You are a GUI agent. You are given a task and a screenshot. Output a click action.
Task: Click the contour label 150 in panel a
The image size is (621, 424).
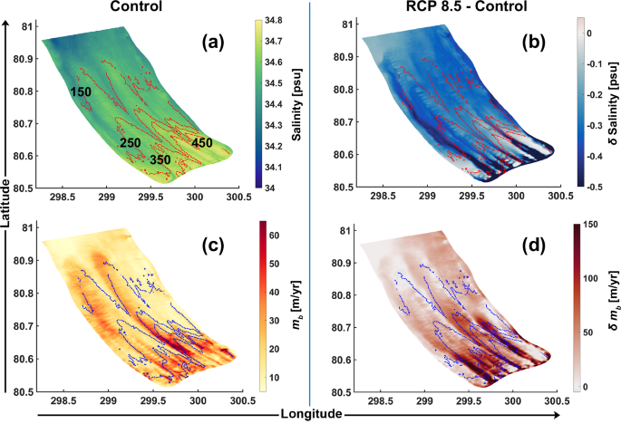pyautogui.click(x=82, y=92)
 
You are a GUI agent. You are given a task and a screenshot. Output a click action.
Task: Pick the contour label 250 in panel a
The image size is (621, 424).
pyautogui.click(x=131, y=143)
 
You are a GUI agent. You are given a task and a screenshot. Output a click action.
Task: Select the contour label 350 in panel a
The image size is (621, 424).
pyautogui.click(x=160, y=159)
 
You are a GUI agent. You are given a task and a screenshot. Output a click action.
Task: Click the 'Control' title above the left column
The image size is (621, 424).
pyautogui.click(x=135, y=7)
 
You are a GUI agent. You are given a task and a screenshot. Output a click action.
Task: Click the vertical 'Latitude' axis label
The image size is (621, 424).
pyautogui.click(x=7, y=209)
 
